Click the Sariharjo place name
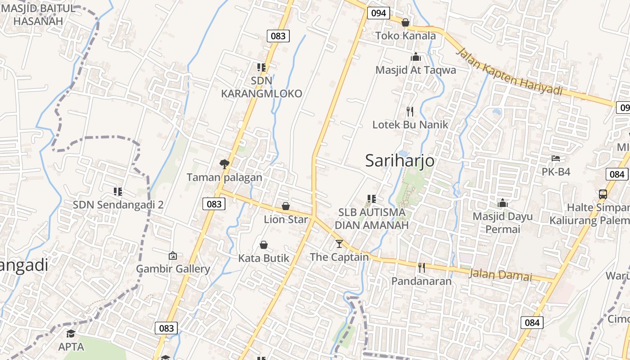[400, 161]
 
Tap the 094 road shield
[378, 13]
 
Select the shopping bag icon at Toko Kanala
[405, 22]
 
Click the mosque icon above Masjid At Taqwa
[415, 57]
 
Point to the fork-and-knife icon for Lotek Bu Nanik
[410, 112]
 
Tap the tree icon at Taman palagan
[224, 164]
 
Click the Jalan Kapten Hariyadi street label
[509, 72]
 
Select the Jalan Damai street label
[500, 274]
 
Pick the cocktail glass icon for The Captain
[339, 244]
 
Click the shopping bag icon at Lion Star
[286, 207]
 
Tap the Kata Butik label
[264, 258]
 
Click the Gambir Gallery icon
[173, 256]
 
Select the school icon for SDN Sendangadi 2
[118, 192]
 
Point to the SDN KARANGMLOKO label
[261, 87]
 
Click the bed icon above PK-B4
[556, 158]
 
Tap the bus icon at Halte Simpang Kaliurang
[603, 194]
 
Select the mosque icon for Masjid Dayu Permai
[503, 203]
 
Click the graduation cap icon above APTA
[71, 333]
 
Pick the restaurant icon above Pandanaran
[421, 268]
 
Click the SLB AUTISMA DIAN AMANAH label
[372, 218]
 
